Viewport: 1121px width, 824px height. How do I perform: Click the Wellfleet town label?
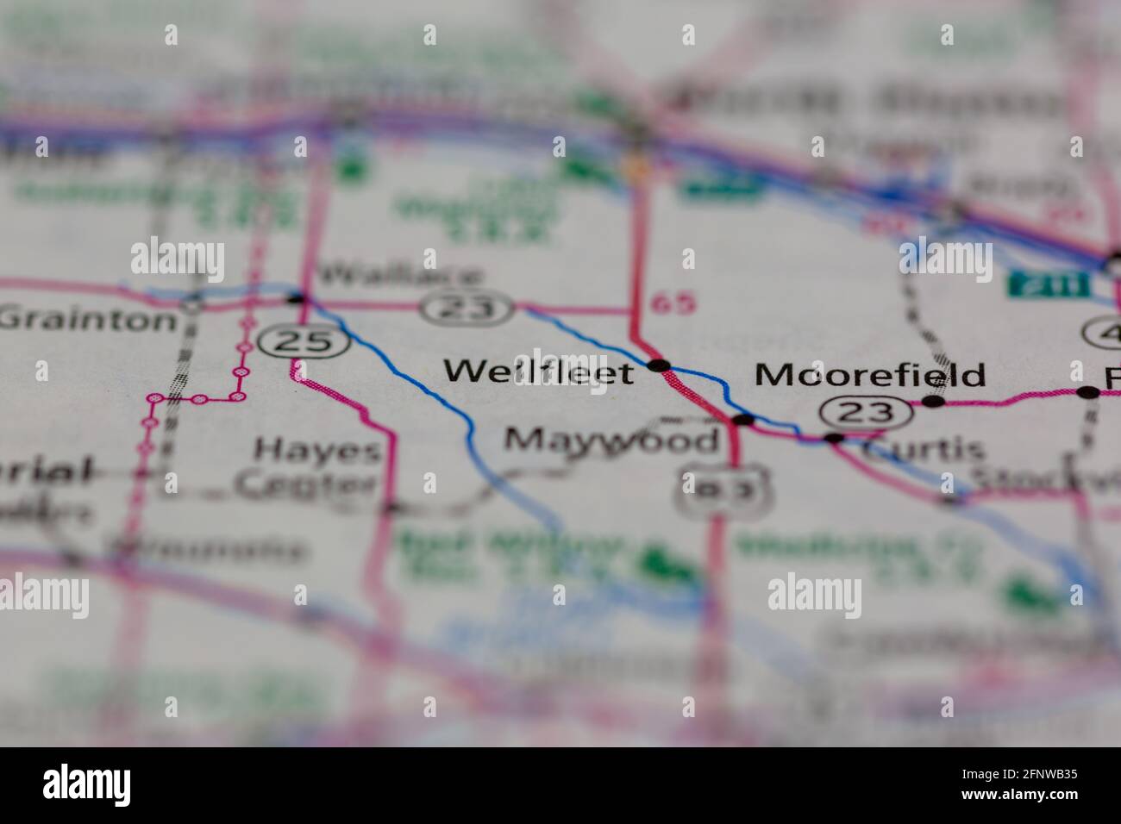(539, 371)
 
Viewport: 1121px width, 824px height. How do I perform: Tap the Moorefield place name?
(869, 375)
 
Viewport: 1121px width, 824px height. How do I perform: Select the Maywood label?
(611, 440)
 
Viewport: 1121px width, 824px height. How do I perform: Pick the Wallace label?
(400, 277)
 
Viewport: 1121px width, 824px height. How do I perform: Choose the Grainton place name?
(88, 320)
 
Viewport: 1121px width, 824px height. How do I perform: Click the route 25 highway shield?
(308, 342)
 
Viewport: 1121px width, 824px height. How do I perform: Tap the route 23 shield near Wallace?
(467, 307)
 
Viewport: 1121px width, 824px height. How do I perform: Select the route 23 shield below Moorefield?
(865, 412)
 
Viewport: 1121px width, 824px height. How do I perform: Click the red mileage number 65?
(673, 303)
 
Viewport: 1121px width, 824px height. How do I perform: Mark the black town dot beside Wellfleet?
(660, 366)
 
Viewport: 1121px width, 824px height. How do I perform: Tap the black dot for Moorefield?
(933, 401)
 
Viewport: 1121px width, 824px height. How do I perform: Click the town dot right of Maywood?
(742, 420)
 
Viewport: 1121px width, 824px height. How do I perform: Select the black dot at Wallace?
(297, 298)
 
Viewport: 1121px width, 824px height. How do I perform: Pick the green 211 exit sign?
(1039, 284)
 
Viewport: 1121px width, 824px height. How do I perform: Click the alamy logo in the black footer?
(87, 784)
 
